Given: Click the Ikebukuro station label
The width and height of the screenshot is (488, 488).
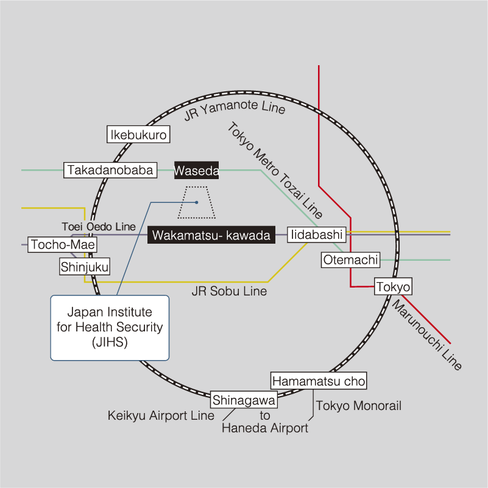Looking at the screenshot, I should point(138,135).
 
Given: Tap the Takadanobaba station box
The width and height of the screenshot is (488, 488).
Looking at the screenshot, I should point(110,170).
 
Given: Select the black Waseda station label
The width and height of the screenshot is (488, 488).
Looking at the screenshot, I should point(196,171).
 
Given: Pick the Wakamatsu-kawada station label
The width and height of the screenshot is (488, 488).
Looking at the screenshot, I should point(211,235).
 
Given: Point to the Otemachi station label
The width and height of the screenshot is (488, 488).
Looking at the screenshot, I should point(351,260).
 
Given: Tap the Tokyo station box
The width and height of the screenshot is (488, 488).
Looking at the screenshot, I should point(394,286).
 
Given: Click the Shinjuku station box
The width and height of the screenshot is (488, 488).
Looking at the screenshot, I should point(85,266).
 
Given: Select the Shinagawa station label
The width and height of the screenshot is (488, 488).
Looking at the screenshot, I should point(244,400).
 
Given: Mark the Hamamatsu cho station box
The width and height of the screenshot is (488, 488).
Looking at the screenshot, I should point(319,381).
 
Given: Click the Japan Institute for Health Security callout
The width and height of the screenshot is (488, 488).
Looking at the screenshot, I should point(110,327).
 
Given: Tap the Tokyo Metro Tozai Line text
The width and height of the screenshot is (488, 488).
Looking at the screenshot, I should point(275,171).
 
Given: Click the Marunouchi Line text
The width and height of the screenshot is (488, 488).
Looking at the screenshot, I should point(426,334).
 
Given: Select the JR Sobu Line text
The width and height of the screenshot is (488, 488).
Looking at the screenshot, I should point(229,291).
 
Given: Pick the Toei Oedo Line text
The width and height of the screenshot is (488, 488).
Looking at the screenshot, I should point(99,227).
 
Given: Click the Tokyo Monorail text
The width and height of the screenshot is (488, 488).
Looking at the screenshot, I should point(359,406).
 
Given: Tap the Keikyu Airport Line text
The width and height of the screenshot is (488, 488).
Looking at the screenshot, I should point(161,416).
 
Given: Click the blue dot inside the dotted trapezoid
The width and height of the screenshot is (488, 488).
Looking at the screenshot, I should point(196,202).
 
